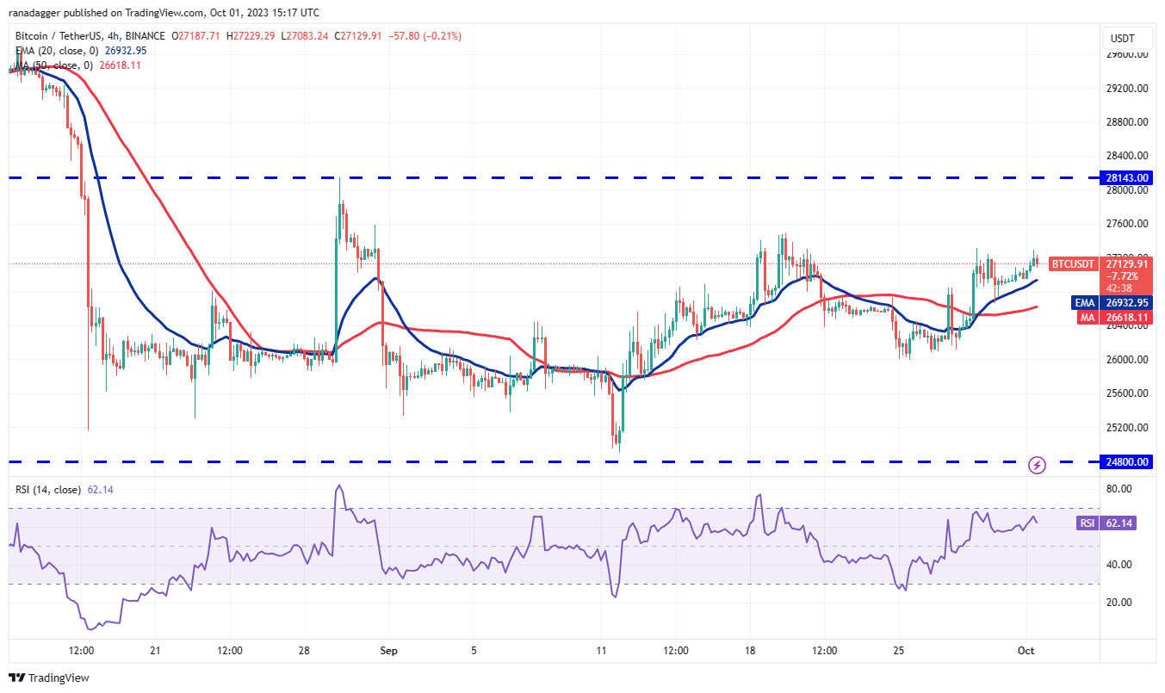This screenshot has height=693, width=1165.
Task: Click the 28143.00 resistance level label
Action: point(1129,178)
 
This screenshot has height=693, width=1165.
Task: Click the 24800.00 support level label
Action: point(1129,462)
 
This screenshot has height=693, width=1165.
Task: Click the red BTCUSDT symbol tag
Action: point(1074,264)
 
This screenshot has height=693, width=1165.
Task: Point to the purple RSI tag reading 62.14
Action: point(1087,523)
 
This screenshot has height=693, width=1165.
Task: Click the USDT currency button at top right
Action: point(1123,38)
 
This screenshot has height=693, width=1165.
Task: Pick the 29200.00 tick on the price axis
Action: point(1129,88)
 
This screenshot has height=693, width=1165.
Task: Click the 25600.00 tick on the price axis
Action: point(1129,393)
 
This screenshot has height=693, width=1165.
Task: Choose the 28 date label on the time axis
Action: point(304,651)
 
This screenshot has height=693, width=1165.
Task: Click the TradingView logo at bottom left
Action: point(49,678)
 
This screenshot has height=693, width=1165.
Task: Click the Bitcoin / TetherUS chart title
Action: point(65,36)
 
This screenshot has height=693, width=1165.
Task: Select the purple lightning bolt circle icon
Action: point(1038,465)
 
